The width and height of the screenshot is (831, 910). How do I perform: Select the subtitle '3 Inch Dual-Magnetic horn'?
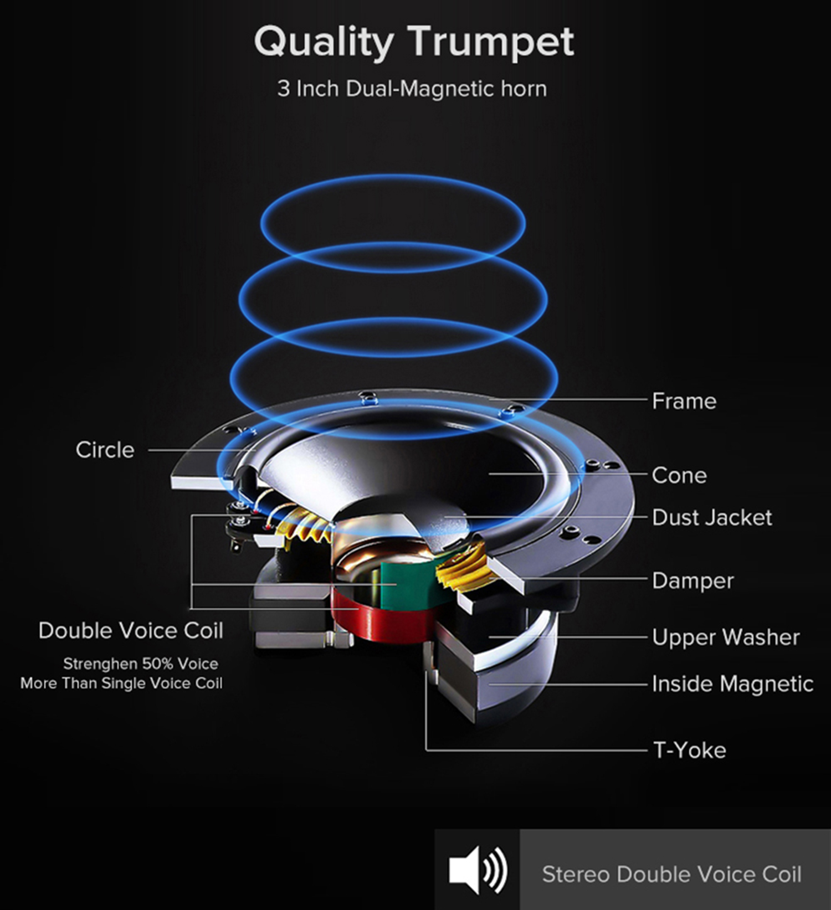click(x=412, y=89)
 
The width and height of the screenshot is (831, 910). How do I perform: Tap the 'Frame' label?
click(x=684, y=401)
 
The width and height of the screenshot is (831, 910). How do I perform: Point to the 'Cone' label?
click(x=679, y=475)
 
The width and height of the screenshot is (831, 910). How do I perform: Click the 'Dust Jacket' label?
click(x=712, y=517)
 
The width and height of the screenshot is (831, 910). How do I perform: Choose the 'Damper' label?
click(x=693, y=580)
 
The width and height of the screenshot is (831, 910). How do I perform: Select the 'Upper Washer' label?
click(x=726, y=637)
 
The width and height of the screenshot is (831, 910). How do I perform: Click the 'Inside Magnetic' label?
click(x=732, y=684)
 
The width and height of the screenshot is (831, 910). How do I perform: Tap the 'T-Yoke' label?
click(x=690, y=750)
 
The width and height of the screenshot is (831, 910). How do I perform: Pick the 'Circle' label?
click(x=105, y=450)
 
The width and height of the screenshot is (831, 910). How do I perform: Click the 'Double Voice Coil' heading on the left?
click(x=131, y=630)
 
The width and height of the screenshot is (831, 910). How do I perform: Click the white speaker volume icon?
click(x=478, y=870)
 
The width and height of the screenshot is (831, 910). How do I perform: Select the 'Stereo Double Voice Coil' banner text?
click(x=671, y=874)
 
